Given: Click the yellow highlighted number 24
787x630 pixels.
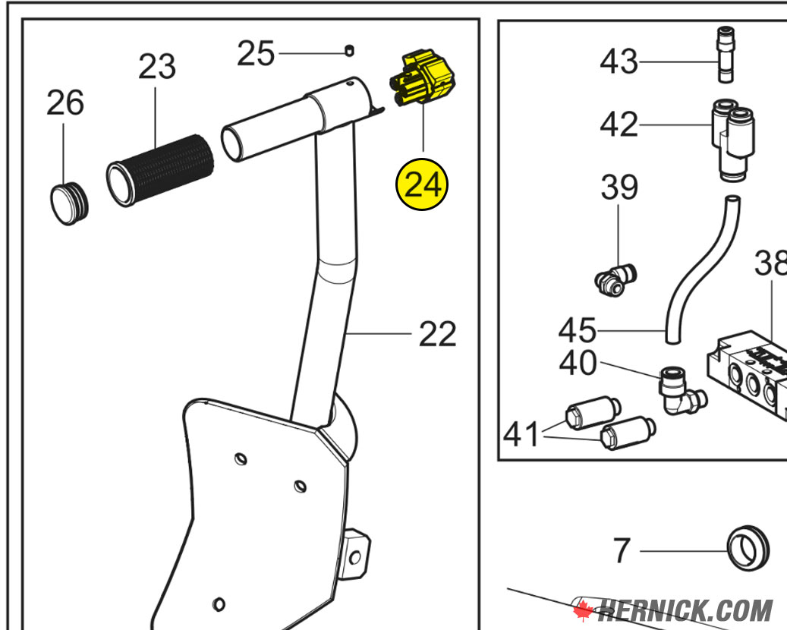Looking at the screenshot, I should tap(422, 184).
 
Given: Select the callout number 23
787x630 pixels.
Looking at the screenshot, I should tap(156, 68).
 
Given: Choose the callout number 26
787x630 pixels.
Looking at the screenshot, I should tap(65, 102).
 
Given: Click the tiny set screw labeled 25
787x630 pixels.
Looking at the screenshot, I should tap(349, 51).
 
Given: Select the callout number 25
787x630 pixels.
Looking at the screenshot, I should tap(256, 54).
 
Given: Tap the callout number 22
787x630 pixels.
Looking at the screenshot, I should tap(438, 334).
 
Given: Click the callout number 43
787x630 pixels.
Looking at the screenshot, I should tap(619, 61).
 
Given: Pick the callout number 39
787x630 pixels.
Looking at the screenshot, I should tap(619, 187).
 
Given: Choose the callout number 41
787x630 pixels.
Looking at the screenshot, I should tap(523, 435).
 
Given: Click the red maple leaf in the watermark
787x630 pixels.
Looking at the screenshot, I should tap(583, 610).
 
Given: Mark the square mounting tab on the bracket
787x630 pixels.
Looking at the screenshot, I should tap(357, 551).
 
